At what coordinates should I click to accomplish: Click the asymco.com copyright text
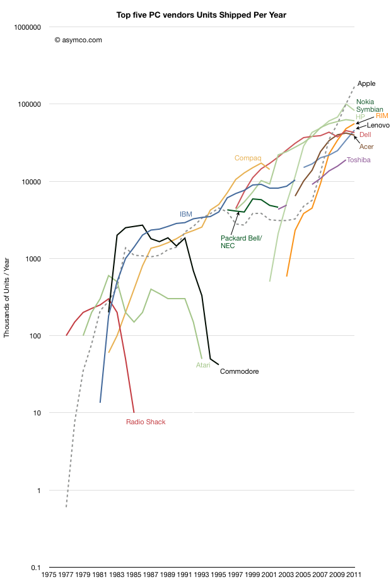click(78, 40)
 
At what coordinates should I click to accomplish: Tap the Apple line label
click(366, 83)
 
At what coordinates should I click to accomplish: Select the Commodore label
click(239, 371)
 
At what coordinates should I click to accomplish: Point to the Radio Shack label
click(146, 422)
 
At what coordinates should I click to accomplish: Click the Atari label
click(203, 364)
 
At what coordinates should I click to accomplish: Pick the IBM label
click(186, 214)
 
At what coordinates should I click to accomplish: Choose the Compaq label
click(248, 158)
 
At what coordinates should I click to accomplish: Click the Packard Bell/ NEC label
click(237, 242)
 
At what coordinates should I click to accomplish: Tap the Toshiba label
click(358, 160)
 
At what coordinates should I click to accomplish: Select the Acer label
click(366, 146)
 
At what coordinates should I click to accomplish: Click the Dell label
click(365, 134)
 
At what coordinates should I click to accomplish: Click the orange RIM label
click(382, 116)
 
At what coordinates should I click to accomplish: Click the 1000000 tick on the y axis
click(27, 27)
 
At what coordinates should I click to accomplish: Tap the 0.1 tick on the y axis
click(35, 568)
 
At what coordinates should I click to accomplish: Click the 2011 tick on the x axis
click(354, 575)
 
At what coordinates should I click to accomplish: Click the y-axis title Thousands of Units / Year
click(8, 297)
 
